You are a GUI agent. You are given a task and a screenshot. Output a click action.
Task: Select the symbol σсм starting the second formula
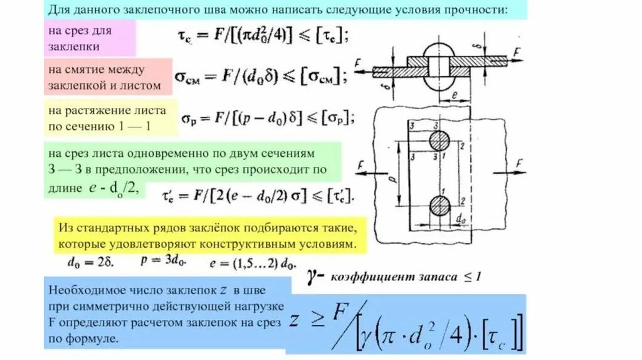pyautogui.click(x=186, y=77)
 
